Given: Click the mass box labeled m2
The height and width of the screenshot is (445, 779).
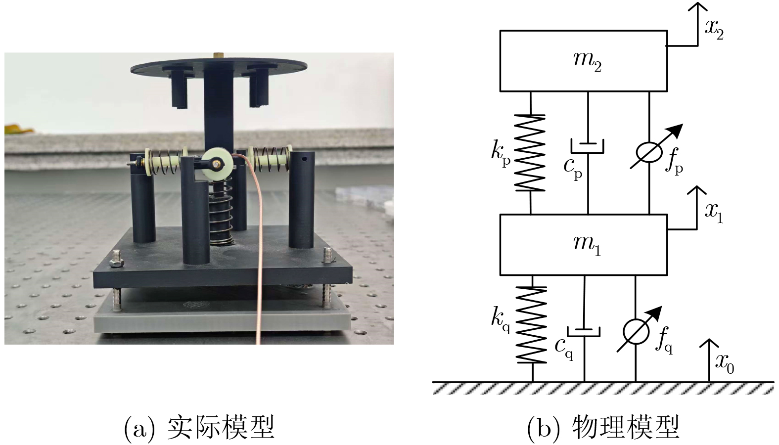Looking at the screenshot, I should click(x=584, y=61).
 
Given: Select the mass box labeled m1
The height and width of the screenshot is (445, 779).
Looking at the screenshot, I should click(x=584, y=244).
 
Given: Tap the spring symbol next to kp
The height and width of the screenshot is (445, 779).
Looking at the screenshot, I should click(x=530, y=152).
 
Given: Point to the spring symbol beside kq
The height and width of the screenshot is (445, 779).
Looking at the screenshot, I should click(x=532, y=324).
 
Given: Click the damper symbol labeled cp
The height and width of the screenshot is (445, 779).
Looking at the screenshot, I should click(x=588, y=146).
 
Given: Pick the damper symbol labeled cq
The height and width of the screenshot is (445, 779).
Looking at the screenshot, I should click(x=584, y=330).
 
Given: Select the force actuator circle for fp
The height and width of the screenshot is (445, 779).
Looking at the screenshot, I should click(x=649, y=152).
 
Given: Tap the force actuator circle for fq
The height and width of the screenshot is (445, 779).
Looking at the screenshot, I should click(x=636, y=332).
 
